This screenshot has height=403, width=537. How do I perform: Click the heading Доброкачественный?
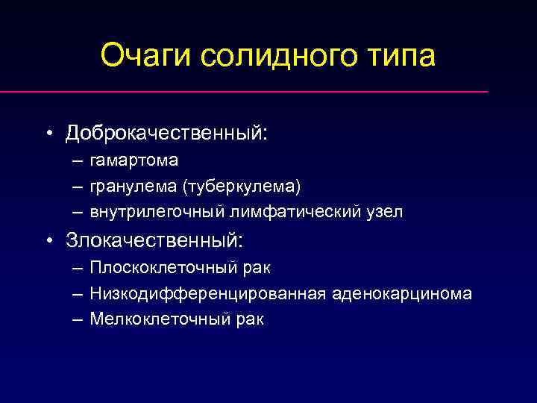coord(166,133)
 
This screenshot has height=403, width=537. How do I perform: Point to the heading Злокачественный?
coord(154,240)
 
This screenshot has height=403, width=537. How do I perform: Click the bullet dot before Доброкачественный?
coord(48,134)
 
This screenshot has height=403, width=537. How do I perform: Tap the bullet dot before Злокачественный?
coord(48,241)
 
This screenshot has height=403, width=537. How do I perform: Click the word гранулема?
coord(130,185)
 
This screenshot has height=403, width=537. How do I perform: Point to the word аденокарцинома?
coord(401,293)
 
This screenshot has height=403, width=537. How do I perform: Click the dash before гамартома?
coord(78,160)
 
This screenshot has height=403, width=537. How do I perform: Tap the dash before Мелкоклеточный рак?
coord(78,319)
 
